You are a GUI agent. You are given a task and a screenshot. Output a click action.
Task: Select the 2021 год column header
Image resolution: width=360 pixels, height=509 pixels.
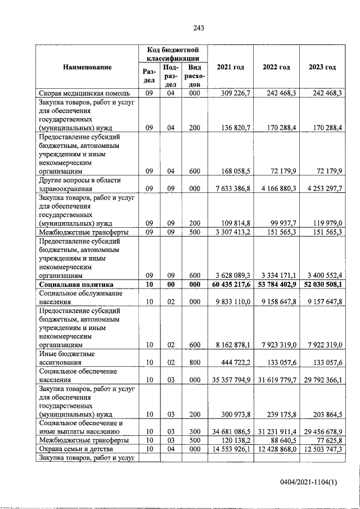(231, 67)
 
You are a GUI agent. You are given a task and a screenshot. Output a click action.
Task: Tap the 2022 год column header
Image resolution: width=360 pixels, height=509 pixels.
(276, 67)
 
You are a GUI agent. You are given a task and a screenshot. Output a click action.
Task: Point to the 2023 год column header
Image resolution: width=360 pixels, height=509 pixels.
(322, 67)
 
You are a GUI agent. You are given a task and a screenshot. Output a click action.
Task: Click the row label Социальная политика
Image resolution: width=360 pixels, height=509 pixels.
(76, 285)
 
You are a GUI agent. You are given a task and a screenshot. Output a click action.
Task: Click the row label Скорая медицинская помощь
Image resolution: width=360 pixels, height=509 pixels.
(84, 93)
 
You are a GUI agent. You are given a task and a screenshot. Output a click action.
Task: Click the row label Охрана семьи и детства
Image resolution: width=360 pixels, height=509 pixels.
(77, 449)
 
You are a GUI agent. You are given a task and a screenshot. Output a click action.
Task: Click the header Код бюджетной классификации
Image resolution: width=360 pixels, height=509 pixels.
(173, 54)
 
